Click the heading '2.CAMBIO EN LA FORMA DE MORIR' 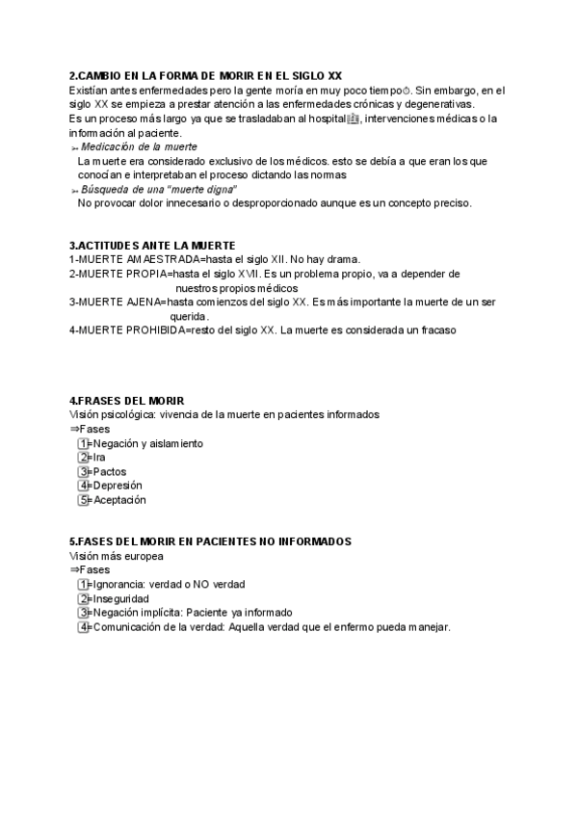205,76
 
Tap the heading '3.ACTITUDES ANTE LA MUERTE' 152,246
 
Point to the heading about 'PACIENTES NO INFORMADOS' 210,542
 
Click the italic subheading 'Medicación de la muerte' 139,146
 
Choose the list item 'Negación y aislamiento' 148,443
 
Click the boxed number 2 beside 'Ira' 84,458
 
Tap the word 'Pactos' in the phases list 110,472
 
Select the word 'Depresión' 118,486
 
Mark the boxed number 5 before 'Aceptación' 84,500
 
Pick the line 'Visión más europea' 116,556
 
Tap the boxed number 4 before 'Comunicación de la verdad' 84,626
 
